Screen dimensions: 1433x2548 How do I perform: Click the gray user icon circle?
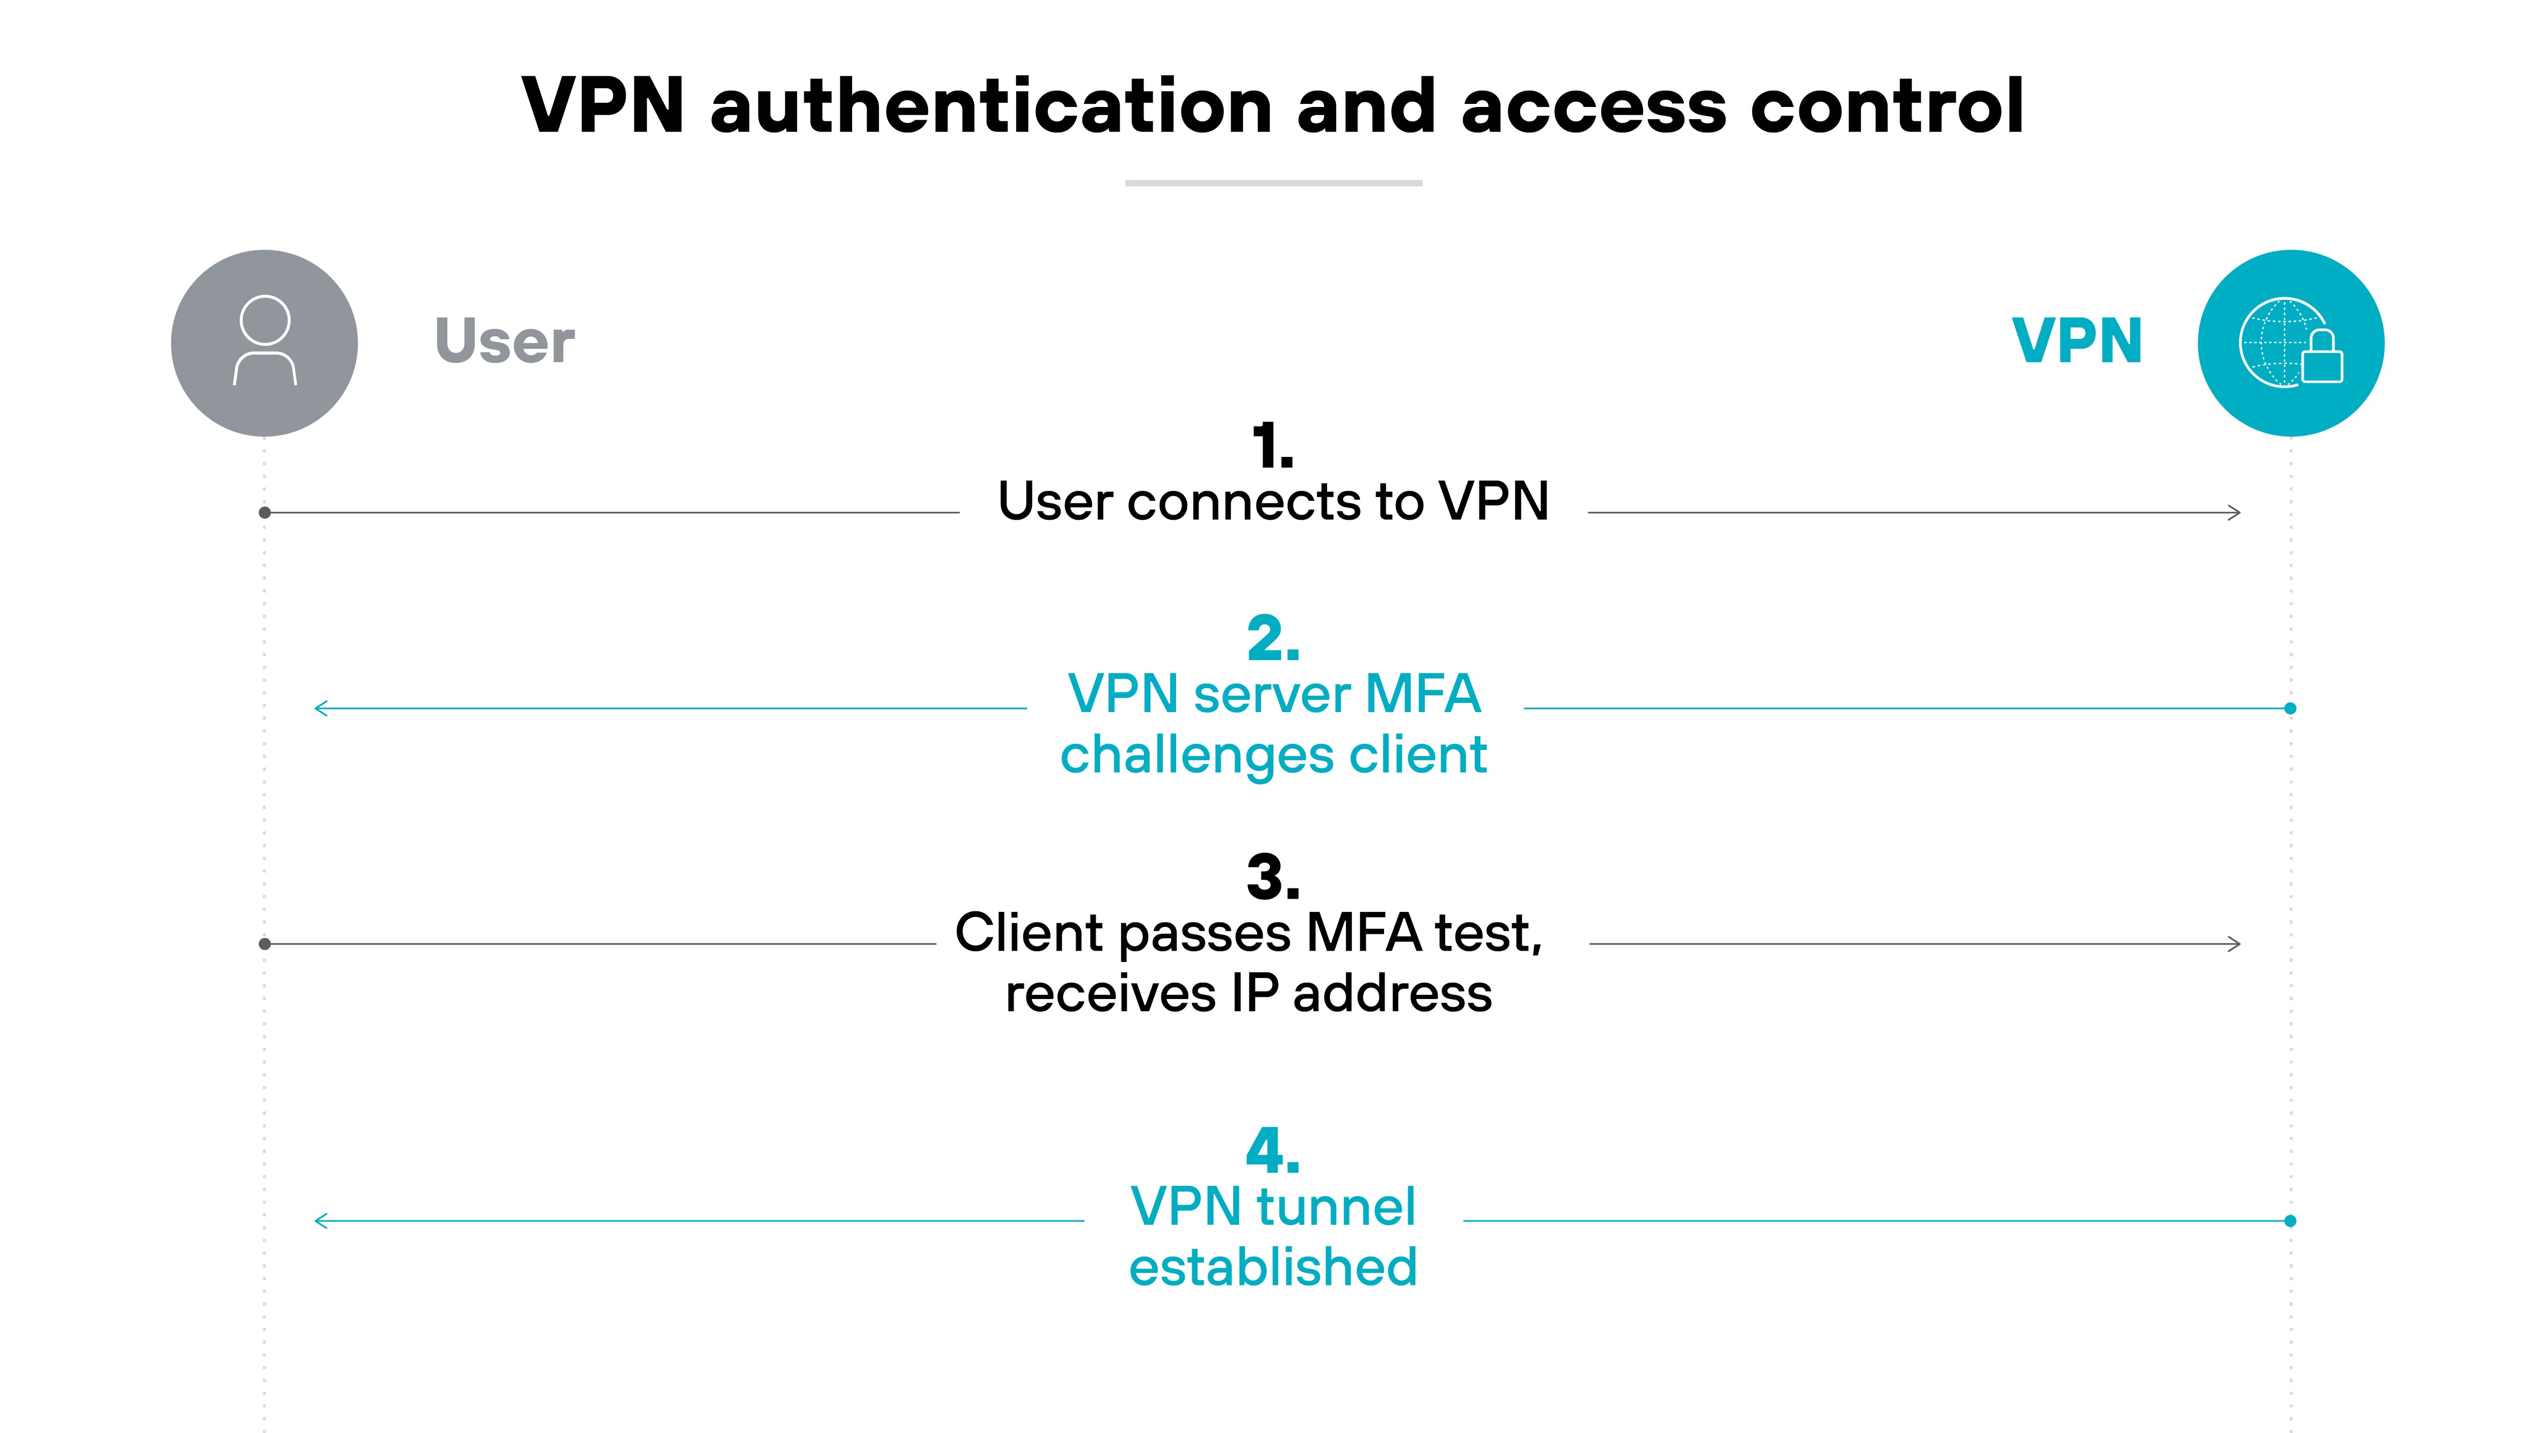(264, 343)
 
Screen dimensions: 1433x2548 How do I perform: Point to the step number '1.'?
(1272, 447)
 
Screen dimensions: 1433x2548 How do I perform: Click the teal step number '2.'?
(1273, 639)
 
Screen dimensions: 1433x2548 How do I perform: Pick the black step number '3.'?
(1273, 877)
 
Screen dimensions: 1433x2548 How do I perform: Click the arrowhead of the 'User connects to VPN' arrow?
(2235, 512)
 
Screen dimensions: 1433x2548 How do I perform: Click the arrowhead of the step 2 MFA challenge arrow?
(321, 708)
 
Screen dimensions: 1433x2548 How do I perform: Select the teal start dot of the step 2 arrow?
(2290, 708)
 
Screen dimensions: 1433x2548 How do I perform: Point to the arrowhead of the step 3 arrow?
(2235, 943)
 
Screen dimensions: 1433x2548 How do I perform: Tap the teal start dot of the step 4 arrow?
(2290, 1221)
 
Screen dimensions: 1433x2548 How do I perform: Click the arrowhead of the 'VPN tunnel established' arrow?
(321, 1221)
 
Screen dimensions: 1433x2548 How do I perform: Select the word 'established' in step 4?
(1273, 1267)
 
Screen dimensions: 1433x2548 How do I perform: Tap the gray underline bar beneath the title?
(1273, 183)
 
